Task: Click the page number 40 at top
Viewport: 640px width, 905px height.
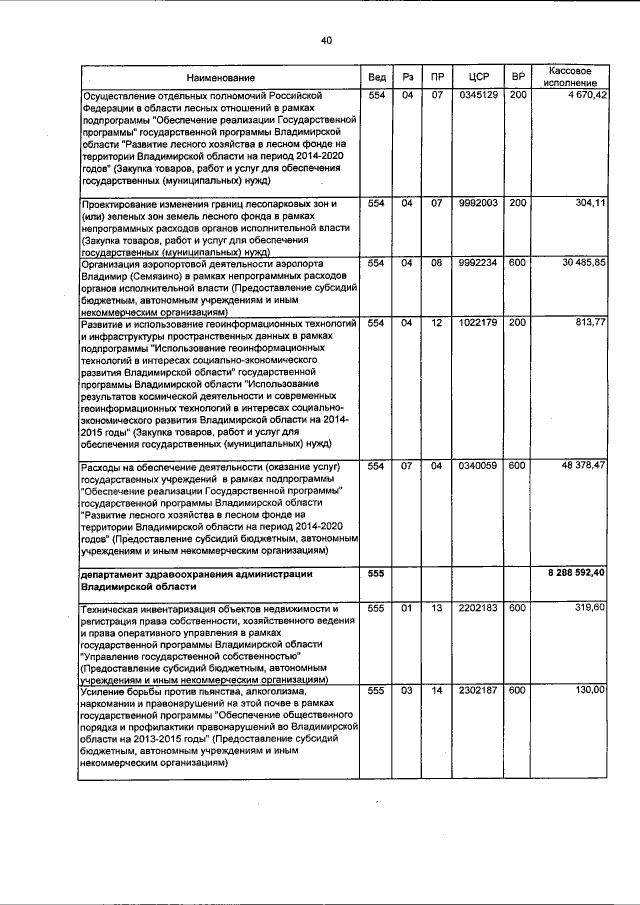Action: coord(325,40)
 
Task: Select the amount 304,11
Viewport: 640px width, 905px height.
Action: coord(590,204)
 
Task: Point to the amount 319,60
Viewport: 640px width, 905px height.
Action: coord(590,607)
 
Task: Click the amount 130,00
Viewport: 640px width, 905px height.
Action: coord(590,690)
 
